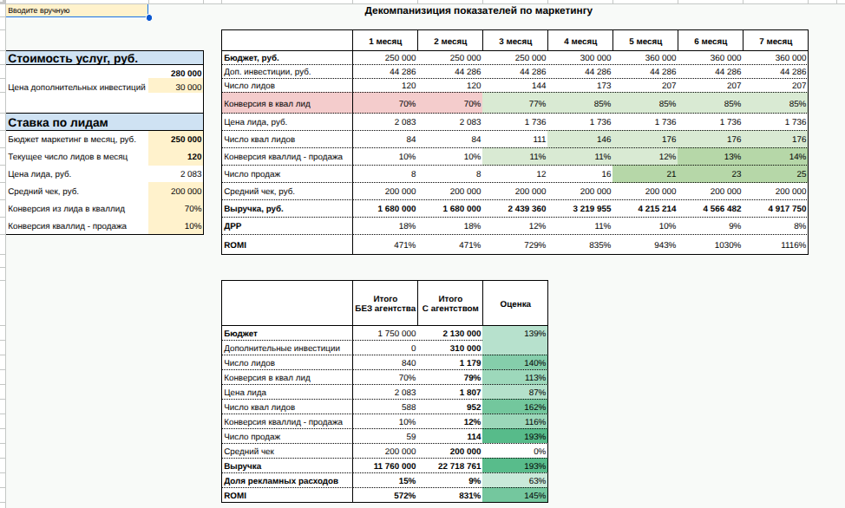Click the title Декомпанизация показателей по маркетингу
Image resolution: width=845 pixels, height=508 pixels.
coord(479,11)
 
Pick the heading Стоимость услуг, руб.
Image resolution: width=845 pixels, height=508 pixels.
coord(74,59)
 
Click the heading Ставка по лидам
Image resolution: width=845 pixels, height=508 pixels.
coord(58,123)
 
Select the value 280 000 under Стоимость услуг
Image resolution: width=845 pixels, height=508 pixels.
coord(187,74)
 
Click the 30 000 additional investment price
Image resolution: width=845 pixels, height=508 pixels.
coord(188,88)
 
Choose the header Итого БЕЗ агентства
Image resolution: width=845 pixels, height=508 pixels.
coord(385,303)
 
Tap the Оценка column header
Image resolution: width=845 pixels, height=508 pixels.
coord(515,304)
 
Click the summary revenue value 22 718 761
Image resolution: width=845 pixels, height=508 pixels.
coord(449,466)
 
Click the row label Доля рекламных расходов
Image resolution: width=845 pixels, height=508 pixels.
coord(275,481)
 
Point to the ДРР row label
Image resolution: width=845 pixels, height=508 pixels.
coord(233,227)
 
